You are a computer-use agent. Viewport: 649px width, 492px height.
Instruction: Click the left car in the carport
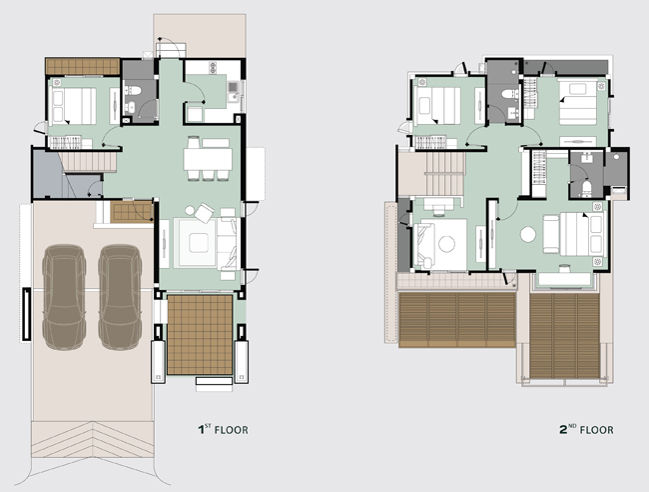(x=64, y=297)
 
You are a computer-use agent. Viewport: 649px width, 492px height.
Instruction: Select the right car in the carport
(x=120, y=297)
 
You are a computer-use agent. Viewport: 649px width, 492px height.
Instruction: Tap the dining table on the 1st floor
(x=208, y=159)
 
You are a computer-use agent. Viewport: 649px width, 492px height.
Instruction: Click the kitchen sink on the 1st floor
(x=233, y=87)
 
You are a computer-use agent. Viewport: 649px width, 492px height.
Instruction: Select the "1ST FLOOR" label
(x=223, y=429)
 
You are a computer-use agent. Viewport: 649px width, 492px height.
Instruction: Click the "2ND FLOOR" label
(x=586, y=429)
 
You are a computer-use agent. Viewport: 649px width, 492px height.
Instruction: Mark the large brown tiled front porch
(x=200, y=335)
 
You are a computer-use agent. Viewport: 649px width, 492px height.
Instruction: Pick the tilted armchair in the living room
(x=204, y=213)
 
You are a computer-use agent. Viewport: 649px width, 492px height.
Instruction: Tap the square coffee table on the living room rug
(x=199, y=243)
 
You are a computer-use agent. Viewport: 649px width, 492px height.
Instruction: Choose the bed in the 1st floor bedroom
(x=73, y=106)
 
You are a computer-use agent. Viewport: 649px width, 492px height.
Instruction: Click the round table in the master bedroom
(x=528, y=234)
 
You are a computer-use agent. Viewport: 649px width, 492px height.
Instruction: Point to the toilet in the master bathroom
(x=586, y=187)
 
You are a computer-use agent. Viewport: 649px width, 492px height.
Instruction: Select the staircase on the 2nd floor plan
(x=444, y=174)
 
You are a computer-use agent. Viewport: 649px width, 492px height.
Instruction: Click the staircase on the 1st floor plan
(x=87, y=162)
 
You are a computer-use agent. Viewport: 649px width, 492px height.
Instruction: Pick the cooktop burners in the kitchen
(x=213, y=68)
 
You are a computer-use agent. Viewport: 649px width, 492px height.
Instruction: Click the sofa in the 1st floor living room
(x=228, y=244)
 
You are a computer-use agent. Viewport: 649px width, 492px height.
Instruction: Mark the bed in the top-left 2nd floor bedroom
(x=437, y=106)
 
